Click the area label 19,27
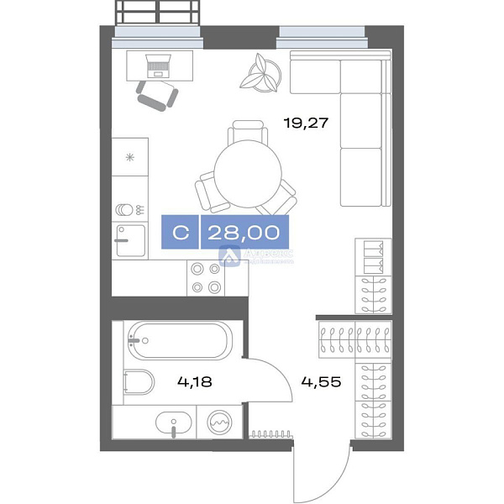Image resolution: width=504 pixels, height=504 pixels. (x=305, y=123)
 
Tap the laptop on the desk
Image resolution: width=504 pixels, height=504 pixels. (x=158, y=63)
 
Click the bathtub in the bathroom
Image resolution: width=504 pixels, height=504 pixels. (x=176, y=344)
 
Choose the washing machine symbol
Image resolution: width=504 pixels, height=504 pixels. (x=220, y=422)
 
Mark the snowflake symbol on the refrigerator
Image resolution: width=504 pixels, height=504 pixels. (x=129, y=157)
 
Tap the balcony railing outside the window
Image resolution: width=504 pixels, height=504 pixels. (x=159, y=13)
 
